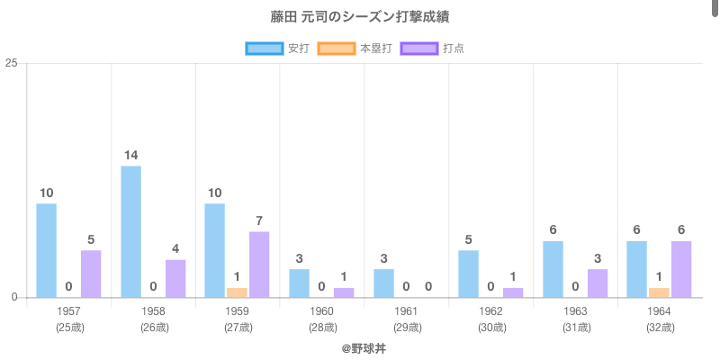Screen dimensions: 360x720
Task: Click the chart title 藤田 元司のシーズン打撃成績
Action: (x=360, y=17)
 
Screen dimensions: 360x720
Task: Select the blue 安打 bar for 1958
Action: (x=130, y=231)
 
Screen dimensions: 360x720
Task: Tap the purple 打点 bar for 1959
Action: (x=259, y=265)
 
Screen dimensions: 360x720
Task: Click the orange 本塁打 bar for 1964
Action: (x=659, y=292)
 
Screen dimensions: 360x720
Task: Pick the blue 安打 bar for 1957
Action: (x=47, y=250)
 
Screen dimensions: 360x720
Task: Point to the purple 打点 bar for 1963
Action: (x=598, y=283)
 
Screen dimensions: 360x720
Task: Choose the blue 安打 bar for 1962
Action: (x=468, y=274)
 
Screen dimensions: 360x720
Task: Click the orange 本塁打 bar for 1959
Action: (x=237, y=292)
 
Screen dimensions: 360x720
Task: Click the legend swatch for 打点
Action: (x=418, y=48)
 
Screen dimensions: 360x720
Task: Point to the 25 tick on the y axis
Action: (x=12, y=63)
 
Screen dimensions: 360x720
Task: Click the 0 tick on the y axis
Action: (x=15, y=298)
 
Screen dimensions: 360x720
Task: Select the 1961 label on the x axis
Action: (x=406, y=311)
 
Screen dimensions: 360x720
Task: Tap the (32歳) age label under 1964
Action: (x=660, y=328)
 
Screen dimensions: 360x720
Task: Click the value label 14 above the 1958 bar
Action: (x=130, y=156)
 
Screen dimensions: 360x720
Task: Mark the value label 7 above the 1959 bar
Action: (x=259, y=221)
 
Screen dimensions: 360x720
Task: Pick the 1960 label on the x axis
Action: (x=321, y=311)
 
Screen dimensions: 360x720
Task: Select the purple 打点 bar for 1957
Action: (x=91, y=274)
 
